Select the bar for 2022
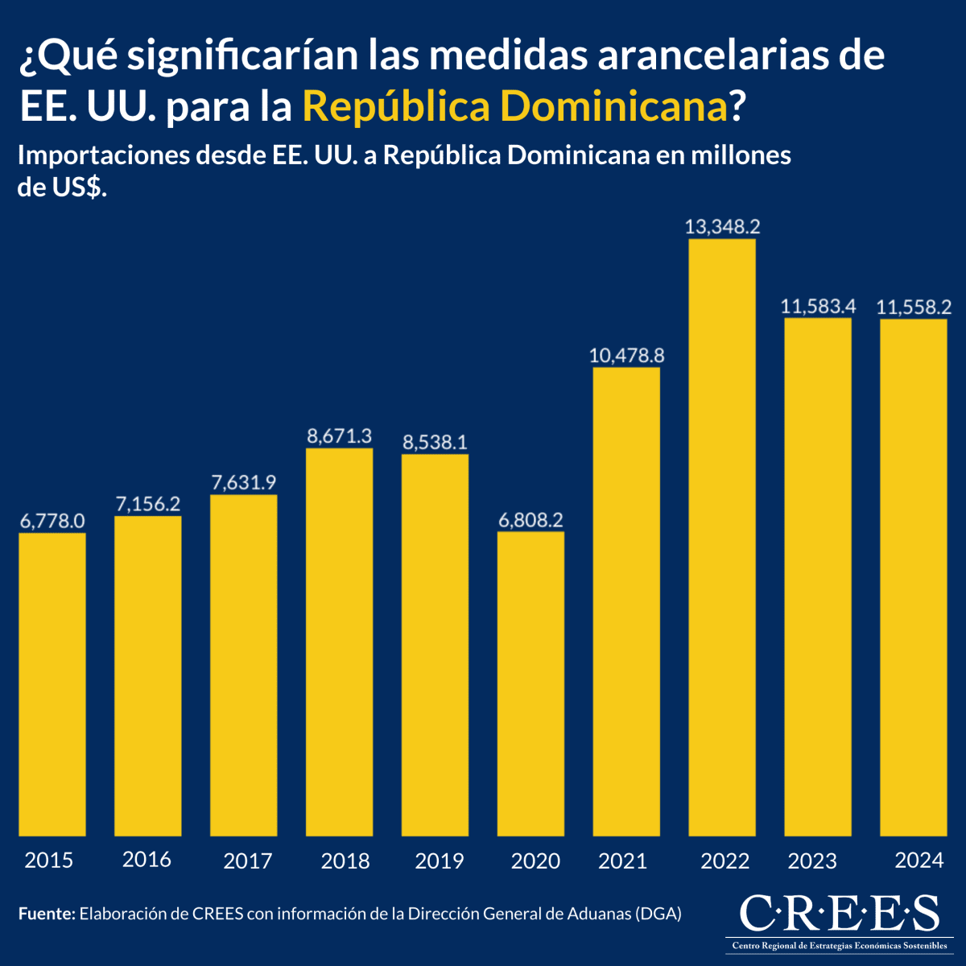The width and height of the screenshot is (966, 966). pyautogui.click(x=722, y=538)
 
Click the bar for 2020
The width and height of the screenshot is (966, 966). pyautogui.click(x=530, y=684)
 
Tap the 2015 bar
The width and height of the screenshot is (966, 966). pyautogui.click(x=52, y=684)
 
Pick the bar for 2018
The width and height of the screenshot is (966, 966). pyautogui.click(x=339, y=642)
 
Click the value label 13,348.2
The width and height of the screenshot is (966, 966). pyautogui.click(x=722, y=227)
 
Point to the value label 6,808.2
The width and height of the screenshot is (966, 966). pyautogui.click(x=530, y=520)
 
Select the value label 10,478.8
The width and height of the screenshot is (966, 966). pyautogui.click(x=626, y=355)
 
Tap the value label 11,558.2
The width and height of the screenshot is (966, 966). pyautogui.click(x=914, y=307)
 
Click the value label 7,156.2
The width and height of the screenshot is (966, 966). pyautogui.click(x=148, y=504)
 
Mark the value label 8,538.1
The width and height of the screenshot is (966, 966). pyautogui.click(x=435, y=442)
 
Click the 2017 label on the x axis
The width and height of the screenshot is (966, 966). pyautogui.click(x=247, y=861)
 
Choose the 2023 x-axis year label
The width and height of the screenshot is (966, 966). pyautogui.click(x=812, y=861)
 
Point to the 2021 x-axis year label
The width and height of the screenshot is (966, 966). pyautogui.click(x=622, y=861)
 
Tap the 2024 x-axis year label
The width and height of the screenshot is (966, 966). pyautogui.click(x=919, y=861)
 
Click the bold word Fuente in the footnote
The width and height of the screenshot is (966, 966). pyautogui.click(x=46, y=914)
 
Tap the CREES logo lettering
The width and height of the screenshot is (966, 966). pyautogui.click(x=838, y=913)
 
